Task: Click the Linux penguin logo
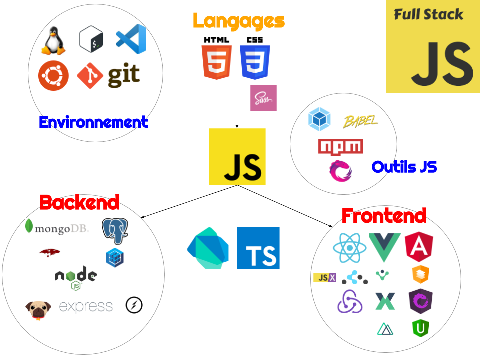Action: [53, 40]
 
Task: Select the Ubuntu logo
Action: [53, 75]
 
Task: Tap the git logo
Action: [108, 75]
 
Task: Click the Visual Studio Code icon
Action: [131, 39]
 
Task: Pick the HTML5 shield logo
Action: [217, 62]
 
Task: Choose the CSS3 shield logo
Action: [255, 59]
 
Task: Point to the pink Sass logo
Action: [263, 98]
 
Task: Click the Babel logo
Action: [361, 122]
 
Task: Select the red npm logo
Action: [340, 147]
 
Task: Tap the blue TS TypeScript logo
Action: [258, 248]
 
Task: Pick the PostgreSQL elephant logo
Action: [115, 231]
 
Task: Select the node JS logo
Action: [76, 278]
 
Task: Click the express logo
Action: [87, 307]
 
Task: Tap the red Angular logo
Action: [419, 246]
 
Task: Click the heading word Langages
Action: [239, 21]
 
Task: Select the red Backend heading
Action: [79, 202]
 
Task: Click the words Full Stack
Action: [429, 14]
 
